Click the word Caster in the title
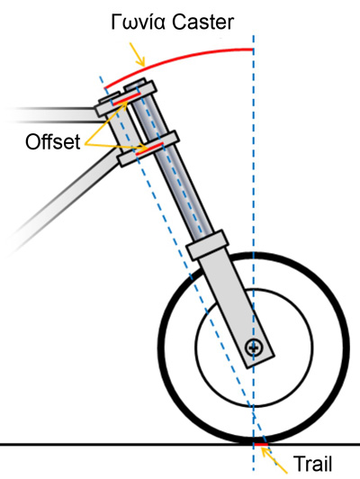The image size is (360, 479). click(203, 22)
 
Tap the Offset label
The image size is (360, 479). click(53, 141)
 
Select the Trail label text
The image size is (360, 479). click(312, 464)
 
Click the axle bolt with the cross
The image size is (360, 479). click(254, 348)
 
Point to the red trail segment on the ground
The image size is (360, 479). click(261, 444)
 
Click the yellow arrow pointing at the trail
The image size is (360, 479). click(274, 461)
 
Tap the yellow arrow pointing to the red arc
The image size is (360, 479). click(137, 54)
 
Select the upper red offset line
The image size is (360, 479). click(127, 99)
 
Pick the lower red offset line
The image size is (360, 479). click(149, 149)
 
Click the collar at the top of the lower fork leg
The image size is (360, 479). click(208, 245)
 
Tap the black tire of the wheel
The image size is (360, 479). click(160, 348)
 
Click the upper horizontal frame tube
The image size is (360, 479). click(53, 115)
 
